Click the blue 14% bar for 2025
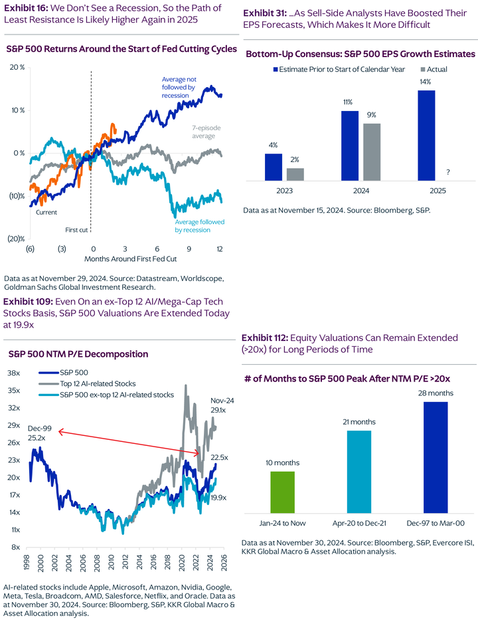tap(426, 136)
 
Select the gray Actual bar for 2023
tap(295, 174)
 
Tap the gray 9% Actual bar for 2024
tap(372, 152)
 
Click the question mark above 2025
tap(448, 173)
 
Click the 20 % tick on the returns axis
tap(18, 68)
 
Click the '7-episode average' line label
tap(199, 131)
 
